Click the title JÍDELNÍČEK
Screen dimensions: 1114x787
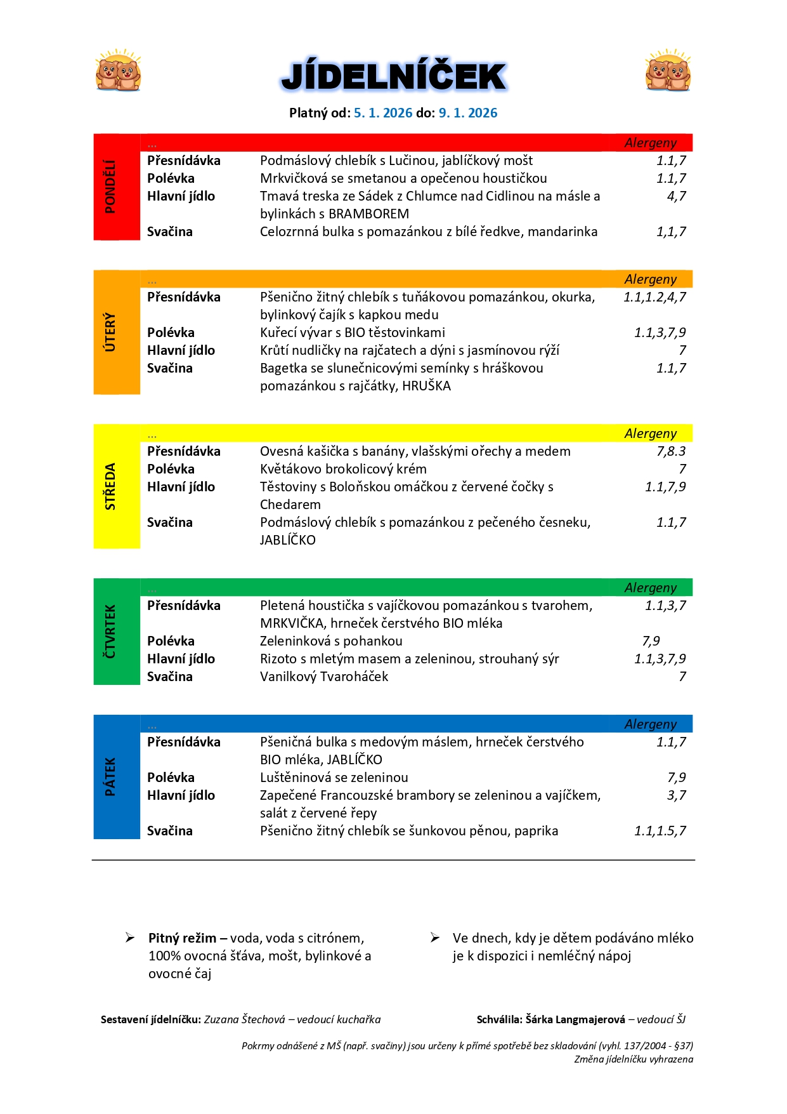pos(393,77)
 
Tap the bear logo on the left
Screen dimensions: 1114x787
pos(118,70)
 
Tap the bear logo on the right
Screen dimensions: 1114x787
pos(668,70)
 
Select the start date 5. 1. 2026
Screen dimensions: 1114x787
pos(383,113)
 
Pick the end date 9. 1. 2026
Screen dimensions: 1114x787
pos(468,113)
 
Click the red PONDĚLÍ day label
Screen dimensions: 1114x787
pos(110,187)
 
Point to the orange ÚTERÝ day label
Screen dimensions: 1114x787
pos(110,332)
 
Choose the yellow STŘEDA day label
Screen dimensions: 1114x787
pos(110,486)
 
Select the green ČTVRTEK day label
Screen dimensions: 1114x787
pos(110,632)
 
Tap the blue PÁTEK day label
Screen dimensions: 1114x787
pos(110,777)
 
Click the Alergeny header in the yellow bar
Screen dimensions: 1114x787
pos(650,434)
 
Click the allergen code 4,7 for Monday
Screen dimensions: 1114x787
pos(676,196)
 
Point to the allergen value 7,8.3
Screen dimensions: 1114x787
pos(671,451)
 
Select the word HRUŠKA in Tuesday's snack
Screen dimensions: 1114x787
pos(426,386)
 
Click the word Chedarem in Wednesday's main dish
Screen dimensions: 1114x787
pos(290,505)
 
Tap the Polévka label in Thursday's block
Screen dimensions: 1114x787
pos(171,641)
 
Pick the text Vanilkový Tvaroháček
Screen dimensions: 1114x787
pos(324,677)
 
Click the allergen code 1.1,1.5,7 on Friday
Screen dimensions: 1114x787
pos(660,831)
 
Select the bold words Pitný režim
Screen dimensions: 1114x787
pos(182,938)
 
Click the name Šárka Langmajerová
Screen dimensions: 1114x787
pos(575,1019)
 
